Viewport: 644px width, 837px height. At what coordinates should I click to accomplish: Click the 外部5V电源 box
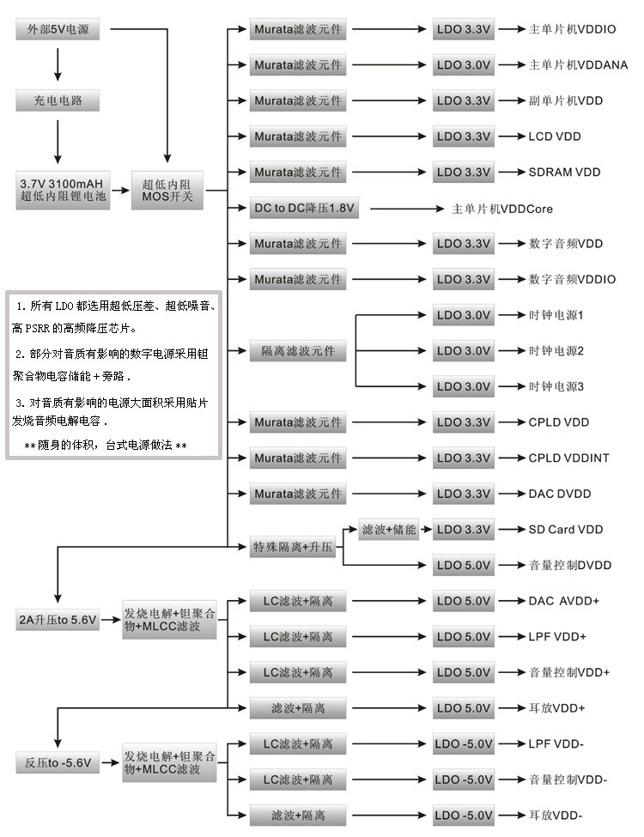coord(58,29)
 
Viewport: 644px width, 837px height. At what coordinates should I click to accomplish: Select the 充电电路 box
coord(58,100)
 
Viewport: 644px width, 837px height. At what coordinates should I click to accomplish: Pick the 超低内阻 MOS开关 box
coord(168,190)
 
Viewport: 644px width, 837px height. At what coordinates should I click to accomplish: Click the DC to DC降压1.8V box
coord(304,209)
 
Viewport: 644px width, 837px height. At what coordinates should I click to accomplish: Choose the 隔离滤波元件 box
coord(298,350)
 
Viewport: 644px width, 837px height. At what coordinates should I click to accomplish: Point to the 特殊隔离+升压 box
coord(293,547)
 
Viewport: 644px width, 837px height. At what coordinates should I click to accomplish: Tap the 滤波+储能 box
coord(389,530)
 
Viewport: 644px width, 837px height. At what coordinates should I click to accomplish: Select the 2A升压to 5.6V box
coord(58,619)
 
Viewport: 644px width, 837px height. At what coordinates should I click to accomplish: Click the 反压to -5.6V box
coord(58,761)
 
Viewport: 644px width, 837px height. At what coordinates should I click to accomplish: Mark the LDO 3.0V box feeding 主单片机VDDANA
coord(464,64)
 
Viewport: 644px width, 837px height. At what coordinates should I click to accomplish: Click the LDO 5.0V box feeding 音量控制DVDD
coord(464,565)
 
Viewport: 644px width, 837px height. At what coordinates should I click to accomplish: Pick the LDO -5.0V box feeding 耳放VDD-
coord(464,815)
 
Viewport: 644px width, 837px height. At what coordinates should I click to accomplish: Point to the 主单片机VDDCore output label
coord(502,209)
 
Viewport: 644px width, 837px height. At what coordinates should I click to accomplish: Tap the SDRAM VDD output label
coord(564,172)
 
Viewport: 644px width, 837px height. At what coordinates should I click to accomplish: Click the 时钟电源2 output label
coord(556,350)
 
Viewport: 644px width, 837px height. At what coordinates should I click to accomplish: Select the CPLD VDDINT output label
coord(568,458)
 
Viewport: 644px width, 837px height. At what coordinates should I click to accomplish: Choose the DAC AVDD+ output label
coord(563,601)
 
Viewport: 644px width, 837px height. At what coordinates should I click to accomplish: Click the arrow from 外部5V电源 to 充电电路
coord(58,64)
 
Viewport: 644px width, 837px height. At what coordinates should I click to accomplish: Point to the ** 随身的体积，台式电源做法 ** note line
coord(105,446)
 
